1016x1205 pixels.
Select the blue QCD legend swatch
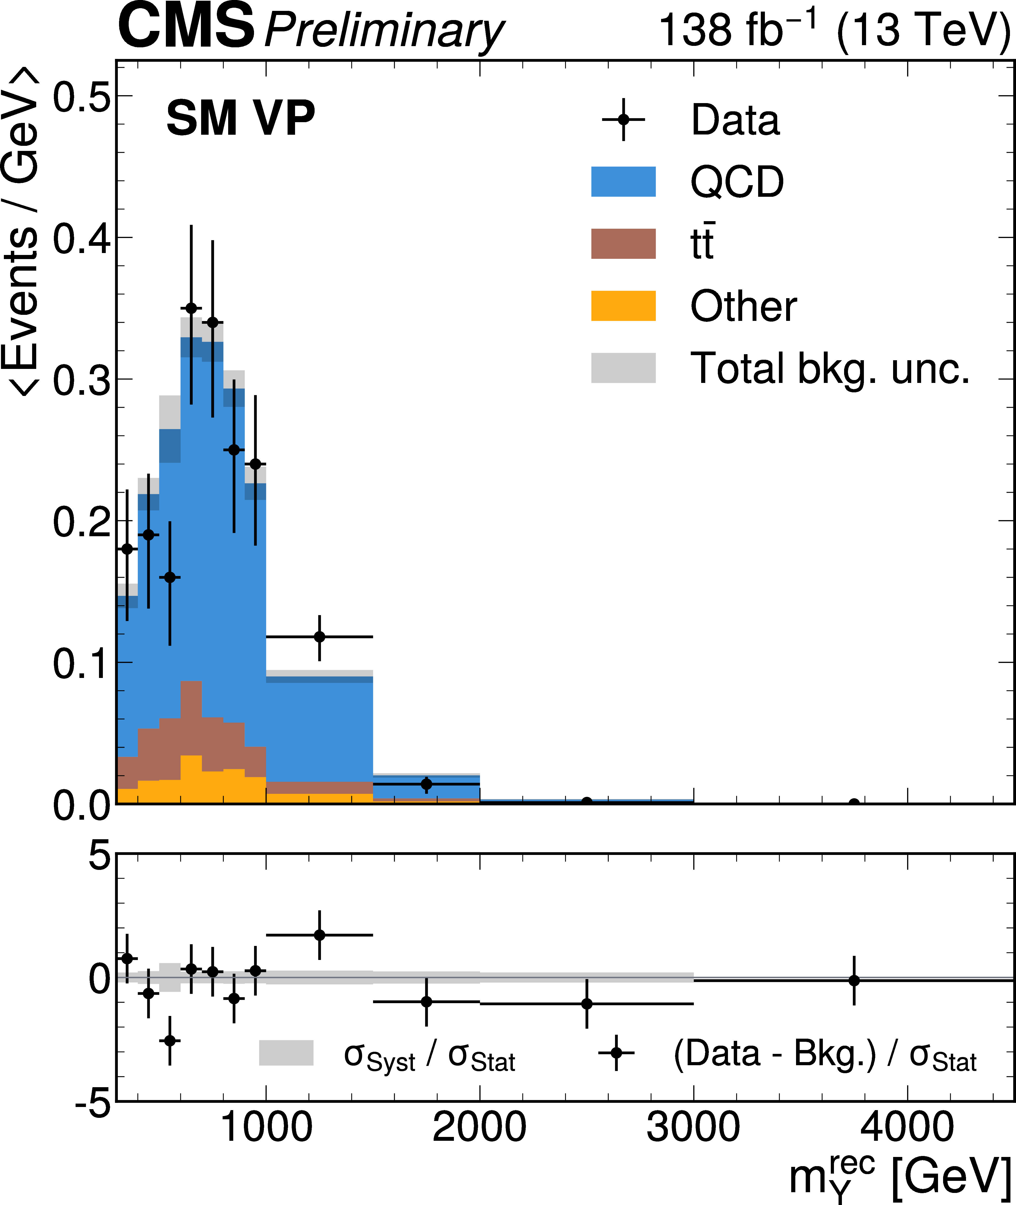tap(623, 182)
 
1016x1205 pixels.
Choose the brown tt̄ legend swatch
tap(623, 244)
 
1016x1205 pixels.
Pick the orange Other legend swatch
tap(623, 306)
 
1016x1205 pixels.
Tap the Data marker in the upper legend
tap(623, 120)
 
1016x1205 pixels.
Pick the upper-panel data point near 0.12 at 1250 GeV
tap(320, 636)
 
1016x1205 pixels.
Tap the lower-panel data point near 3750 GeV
tap(854, 980)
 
